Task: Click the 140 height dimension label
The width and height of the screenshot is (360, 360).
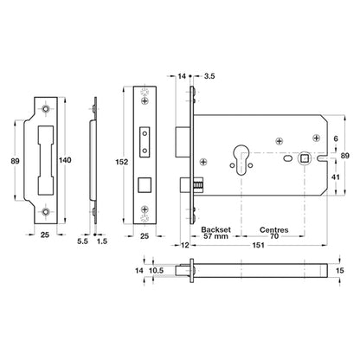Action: point(65,160)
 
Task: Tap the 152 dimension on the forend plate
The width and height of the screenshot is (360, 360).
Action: point(121,162)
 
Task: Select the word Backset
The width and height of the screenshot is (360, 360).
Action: point(215,229)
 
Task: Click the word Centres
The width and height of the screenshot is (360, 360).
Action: point(274,230)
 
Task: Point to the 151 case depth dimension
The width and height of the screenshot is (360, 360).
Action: point(258,245)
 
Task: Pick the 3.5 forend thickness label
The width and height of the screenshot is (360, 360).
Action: point(209,76)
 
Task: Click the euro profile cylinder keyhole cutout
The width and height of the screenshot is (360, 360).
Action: point(241,159)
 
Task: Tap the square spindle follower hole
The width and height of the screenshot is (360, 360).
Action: point(304,157)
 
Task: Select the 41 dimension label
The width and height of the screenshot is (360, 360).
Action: point(335,177)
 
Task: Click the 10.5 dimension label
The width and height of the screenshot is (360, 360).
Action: point(156,271)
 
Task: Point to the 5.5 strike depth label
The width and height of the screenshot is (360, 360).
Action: point(82,241)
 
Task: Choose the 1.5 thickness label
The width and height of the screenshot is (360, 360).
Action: point(102,241)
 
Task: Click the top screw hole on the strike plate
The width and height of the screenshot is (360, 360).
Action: point(45,109)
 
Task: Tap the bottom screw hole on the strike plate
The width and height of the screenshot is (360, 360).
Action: point(45,212)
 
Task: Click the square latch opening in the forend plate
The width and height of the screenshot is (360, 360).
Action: point(145,185)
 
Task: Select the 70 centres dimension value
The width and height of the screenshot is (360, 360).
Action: point(274,236)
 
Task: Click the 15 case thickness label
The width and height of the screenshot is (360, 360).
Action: point(340,271)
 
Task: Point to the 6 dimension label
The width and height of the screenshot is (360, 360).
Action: point(336,138)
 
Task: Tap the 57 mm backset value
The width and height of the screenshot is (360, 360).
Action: point(215,236)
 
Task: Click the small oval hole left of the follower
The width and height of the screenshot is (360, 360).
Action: point(287,158)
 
